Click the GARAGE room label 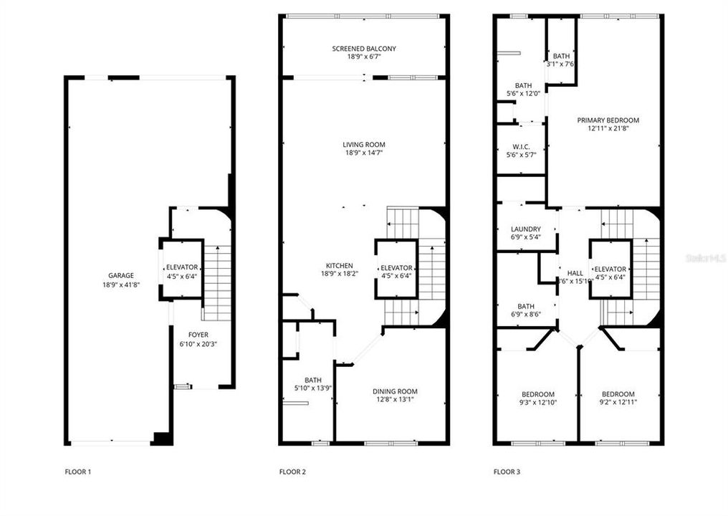tap(121, 275)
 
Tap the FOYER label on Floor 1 tap(198, 335)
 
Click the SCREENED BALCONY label tap(363, 49)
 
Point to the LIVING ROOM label tap(363, 145)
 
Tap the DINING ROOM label tap(395, 391)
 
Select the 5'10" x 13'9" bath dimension tap(313, 388)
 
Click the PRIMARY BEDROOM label tap(608, 120)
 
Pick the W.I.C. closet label tap(521, 146)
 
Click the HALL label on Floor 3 tap(575, 273)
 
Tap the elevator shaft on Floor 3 tap(610, 269)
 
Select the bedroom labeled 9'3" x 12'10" tap(537, 403)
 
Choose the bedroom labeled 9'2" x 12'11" tap(618, 403)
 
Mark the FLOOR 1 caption tap(78, 472)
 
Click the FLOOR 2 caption tap(292, 472)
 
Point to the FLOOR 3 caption tap(507, 472)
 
